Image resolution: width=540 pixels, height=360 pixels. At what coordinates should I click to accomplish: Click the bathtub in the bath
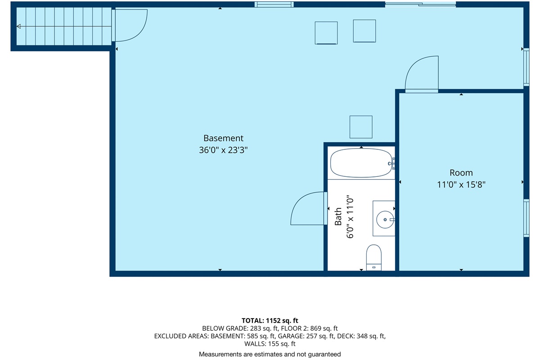click(361, 163)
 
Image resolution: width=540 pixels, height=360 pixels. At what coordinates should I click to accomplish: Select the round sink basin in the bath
click(385, 219)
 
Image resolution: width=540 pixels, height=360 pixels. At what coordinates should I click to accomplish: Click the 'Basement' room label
click(223, 138)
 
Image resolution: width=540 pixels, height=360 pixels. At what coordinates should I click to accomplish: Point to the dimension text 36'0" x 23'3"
click(223, 151)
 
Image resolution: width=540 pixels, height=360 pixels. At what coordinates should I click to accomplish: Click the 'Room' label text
click(461, 173)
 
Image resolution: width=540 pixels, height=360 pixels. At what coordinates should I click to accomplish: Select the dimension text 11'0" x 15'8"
click(461, 184)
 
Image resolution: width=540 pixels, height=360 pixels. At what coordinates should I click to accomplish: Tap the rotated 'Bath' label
click(338, 216)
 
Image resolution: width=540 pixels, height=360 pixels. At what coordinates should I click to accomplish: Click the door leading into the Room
click(422, 74)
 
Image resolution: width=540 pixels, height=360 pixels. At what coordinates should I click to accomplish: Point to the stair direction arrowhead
click(19, 27)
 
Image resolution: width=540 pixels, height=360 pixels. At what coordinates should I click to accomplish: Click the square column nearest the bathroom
click(361, 127)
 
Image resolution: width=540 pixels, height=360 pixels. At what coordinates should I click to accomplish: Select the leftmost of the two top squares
click(326, 33)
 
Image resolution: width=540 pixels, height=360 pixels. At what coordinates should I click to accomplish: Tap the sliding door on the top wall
click(420, 4)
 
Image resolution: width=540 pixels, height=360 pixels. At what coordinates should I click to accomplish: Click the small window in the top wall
click(274, 4)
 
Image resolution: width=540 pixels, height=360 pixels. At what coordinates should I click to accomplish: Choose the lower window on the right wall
click(526, 218)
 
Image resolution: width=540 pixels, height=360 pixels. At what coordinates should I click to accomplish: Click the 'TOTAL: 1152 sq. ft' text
click(270, 320)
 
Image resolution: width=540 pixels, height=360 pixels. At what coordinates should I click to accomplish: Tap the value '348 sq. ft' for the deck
click(369, 336)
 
